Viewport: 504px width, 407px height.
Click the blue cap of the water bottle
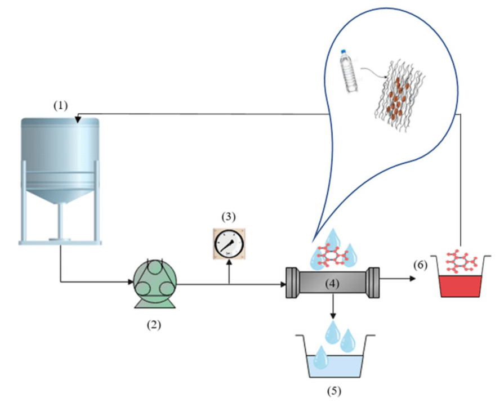(x=342, y=51)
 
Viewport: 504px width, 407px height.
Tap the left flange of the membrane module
(x=293, y=280)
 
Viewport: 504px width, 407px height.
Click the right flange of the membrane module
(x=374, y=280)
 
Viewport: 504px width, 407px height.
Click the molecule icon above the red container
(x=461, y=262)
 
